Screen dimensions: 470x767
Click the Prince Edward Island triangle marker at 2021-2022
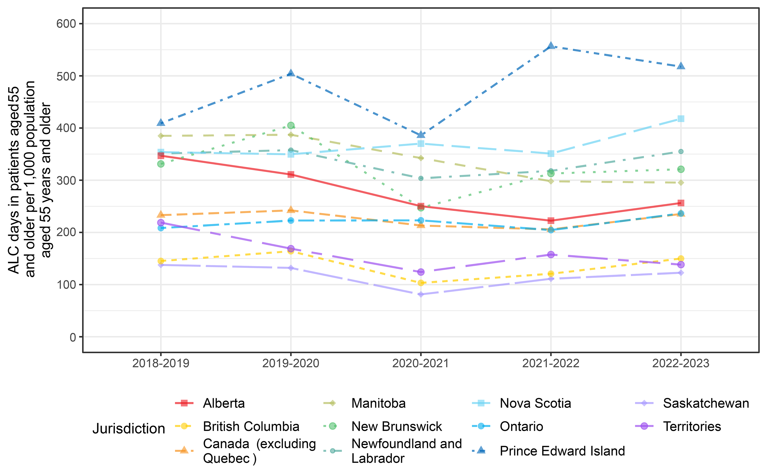pyautogui.click(x=551, y=46)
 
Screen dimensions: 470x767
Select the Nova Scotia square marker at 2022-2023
pyautogui.click(x=681, y=119)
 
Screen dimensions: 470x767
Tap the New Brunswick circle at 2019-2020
pyautogui.click(x=291, y=125)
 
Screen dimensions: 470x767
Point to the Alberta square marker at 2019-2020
pyautogui.click(x=291, y=174)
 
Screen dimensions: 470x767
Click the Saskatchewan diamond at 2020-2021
pyautogui.click(x=421, y=294)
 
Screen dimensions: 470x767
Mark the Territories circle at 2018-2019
pyautogui.click(x=161, y=223)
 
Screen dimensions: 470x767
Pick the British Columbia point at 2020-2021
pyautogui.click(x=421, y=283)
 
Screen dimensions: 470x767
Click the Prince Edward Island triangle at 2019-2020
pyautogui.click(x=291, y=73)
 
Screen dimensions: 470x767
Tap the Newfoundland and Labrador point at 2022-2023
pyautogui.click(x=681, y=151)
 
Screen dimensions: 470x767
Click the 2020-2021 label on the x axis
pyautogui.click(x=420, y=363)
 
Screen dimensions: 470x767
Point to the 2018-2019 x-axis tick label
pyautogui.click(x=161, y=363)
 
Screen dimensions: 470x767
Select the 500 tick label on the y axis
pyautogui.click(x=66, y=76)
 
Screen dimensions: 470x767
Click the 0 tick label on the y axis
pyautogui.click(x=73, y=337)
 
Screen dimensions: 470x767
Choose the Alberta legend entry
pyautogui.click(x=223, y=403)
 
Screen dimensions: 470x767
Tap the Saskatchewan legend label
pyautogui.click(x=706, y=403)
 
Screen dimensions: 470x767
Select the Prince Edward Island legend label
pyautogui.click(x=562, y=451)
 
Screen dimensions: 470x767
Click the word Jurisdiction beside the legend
pyautogui.click(x=129, y=429)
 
